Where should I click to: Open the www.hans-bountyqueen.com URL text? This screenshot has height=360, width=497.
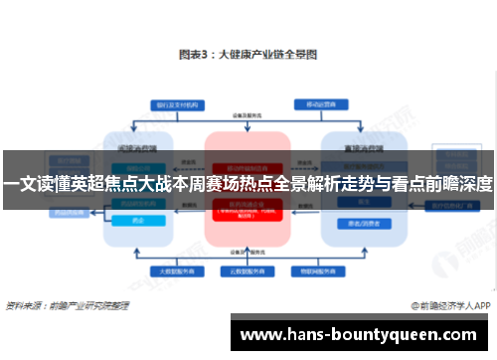364,334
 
